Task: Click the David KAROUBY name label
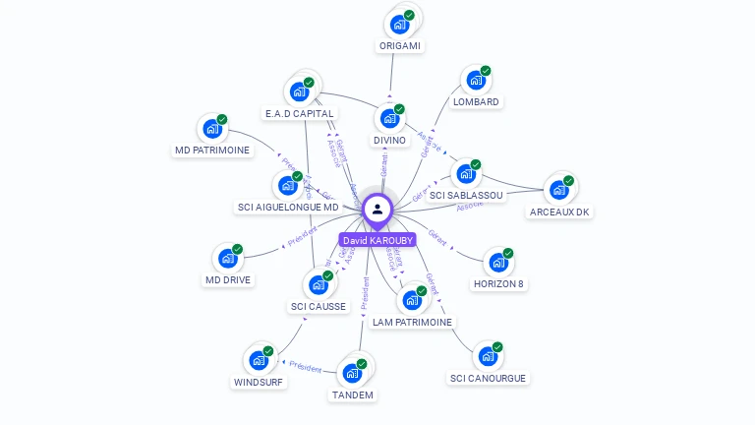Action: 377,240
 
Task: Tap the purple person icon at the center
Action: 377,209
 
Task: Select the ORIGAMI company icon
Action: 399,25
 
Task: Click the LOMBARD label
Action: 476,101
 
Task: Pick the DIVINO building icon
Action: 389,119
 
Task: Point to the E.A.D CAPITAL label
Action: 300,113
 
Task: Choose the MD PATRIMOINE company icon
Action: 212,129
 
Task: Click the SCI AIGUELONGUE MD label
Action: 288,207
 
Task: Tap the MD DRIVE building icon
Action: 228,259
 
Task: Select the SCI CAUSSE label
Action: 319,306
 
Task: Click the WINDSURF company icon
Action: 259,360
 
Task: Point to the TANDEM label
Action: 352,395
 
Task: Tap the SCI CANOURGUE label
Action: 488,378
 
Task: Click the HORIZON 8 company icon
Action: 499,263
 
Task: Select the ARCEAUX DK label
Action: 559,212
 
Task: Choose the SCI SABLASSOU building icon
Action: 466,174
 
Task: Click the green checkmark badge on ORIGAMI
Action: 409,16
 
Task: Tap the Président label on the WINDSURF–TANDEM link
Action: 305,367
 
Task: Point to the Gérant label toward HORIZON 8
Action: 437,240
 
